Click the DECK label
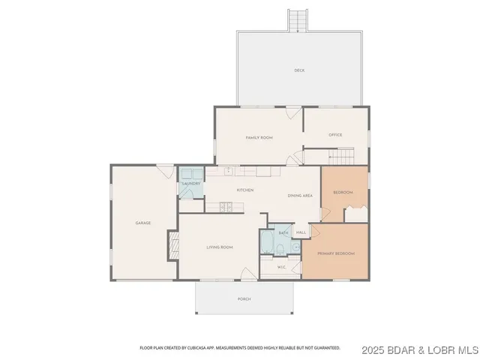299,70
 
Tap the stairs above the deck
298,20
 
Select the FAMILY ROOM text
259,138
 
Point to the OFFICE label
335,135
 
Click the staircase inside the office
341,156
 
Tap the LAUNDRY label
190,183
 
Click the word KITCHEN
245,190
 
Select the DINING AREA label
300,195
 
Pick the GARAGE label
143,223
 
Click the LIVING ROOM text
220,247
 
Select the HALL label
301,233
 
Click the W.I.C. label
281,267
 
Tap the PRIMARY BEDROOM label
335,253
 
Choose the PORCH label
244,298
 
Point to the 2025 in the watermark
369,349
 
